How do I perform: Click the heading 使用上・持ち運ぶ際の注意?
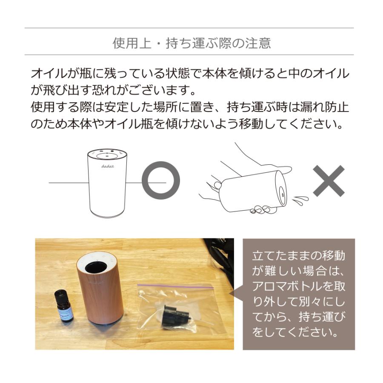point(191,43)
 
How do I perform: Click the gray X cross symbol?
point(329,181)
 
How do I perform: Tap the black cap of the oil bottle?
point(63,295)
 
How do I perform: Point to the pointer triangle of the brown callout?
point(239,294)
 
